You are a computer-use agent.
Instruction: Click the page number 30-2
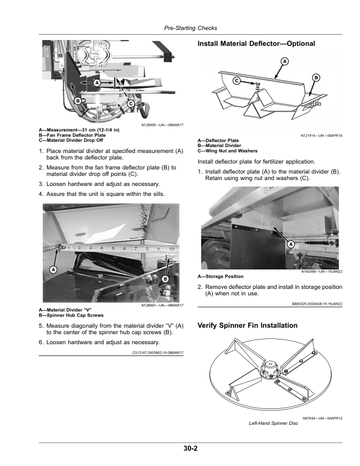pyautogui.click(x=189, y=449)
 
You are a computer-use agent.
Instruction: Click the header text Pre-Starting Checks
pyautogui.click(x=190, y=28)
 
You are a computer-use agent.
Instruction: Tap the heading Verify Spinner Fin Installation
pyautogui.click(x=248, y=325)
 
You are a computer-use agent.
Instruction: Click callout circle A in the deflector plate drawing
pyautogui.click(x=285, y=61)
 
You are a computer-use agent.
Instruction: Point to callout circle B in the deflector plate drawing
pyautogui.click(x=316, y=78)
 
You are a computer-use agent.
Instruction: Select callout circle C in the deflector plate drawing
pyautogui.click(x=236, y=79)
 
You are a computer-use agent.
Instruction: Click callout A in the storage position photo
pyautogui.click(x=291, y=243)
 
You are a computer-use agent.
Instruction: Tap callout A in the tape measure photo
pyautogui.click(x=53, y=269)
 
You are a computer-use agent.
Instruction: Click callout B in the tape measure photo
pyautogui.click(x=165, y=278)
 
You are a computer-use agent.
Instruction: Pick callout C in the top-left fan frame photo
pyautogui.click(x=130, y=104)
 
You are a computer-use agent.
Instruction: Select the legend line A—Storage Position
pyautogui.click(x=221, y=277)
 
